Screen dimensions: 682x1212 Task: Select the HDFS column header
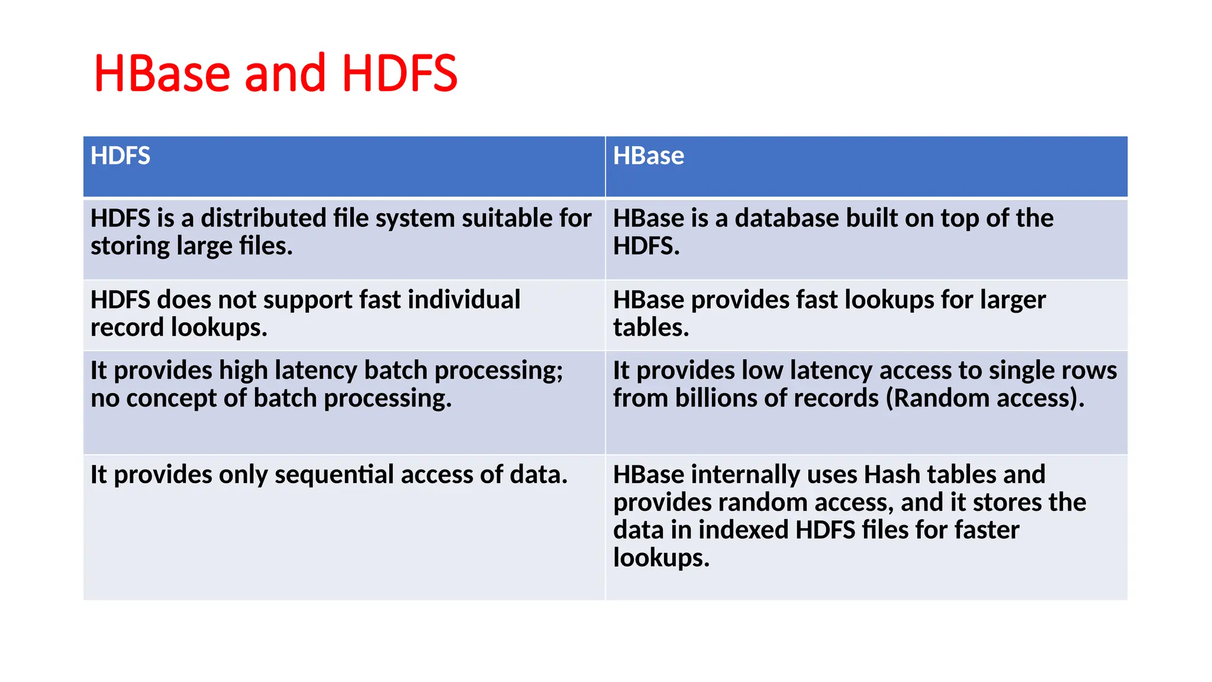pyautogui.click(x=120, y=156)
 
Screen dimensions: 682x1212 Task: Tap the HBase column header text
pyautogui.click(x=648, y=156)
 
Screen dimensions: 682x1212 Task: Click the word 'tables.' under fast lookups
pyautogui.click(x=651, y=327)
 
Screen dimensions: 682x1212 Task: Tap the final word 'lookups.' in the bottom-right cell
pyautogui.click(x=661, y=558)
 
